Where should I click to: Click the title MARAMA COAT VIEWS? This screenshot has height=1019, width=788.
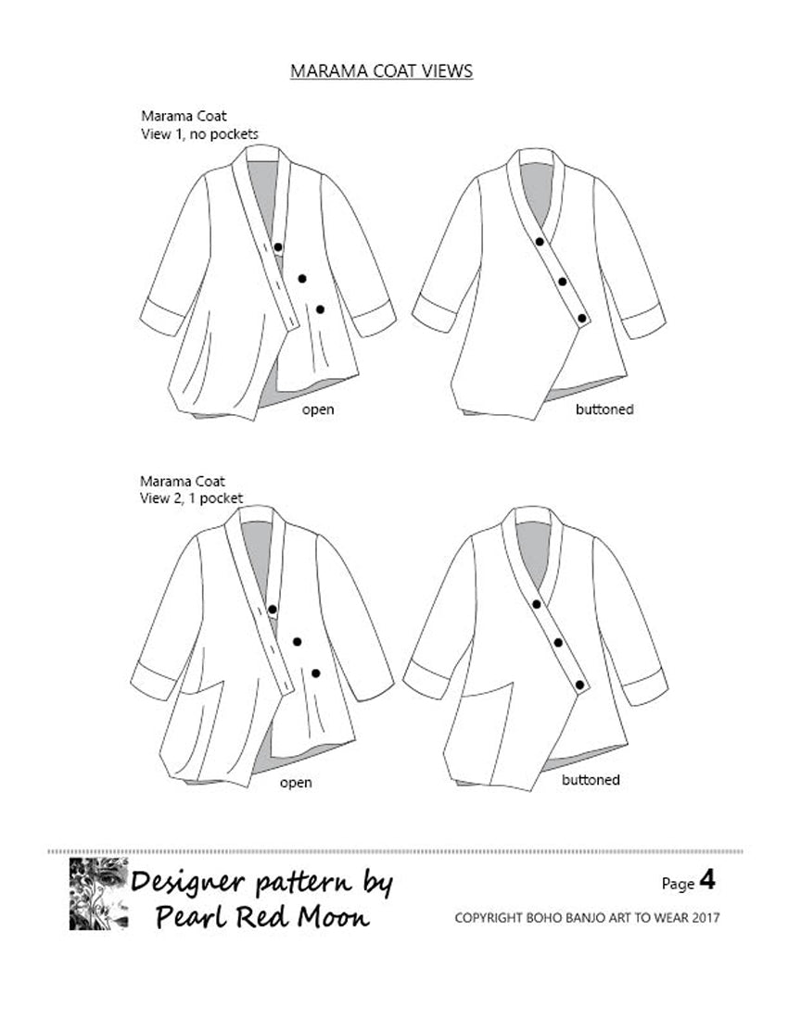[x=381, y=70]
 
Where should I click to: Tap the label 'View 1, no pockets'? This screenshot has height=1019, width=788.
[x=199, y=134]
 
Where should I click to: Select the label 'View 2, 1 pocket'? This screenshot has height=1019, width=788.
[x=191, y=498]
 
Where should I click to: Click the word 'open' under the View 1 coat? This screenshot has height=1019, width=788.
[x=318, y=409]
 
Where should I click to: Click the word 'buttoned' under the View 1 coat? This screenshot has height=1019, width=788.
[x=604, y=409]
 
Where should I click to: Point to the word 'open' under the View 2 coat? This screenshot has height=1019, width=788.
[x=296, y=783]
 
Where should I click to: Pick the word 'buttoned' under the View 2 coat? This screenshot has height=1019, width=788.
[x=591, y=779]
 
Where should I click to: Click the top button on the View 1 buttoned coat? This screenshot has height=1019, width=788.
[x=540, y=242]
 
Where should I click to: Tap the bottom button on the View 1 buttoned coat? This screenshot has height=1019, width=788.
[x=582, y=319]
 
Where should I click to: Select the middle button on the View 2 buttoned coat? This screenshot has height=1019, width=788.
[x=558, y=643]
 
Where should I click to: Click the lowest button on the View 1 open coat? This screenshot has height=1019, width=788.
[x=320, y=309]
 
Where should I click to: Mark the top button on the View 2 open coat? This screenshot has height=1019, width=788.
[x=273, y=610]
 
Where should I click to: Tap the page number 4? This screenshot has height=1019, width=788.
[x=707, y=880]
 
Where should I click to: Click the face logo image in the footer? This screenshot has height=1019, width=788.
[x=99, y=894]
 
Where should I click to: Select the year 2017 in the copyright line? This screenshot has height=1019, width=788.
[x=706, y=918]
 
